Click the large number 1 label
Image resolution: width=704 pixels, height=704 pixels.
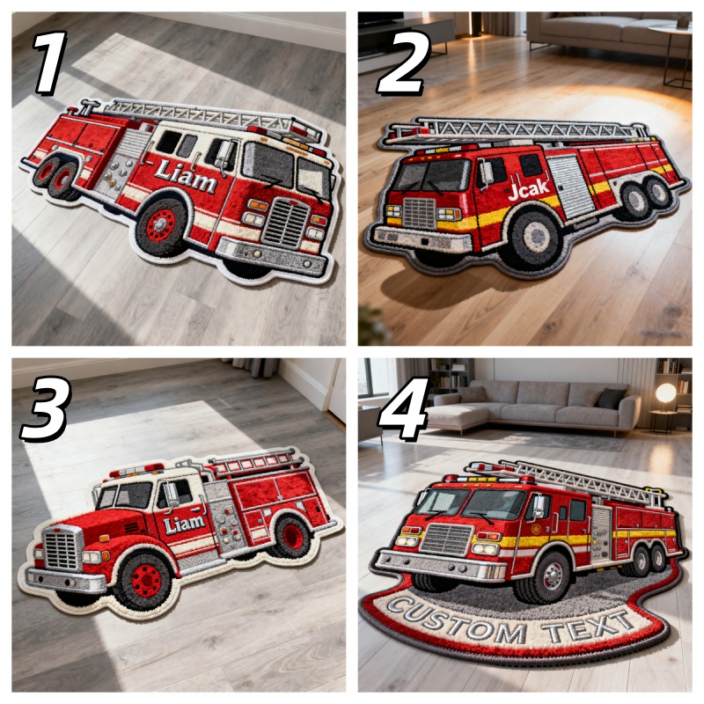(x=50, y=62)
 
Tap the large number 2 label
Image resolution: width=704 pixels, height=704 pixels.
(x=403, y=62)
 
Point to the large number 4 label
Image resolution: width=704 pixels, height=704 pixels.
(x=403, y=408)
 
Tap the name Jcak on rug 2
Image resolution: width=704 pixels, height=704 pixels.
(x=529, y=189)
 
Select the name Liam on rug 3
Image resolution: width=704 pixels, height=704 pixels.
(x=184, y=524)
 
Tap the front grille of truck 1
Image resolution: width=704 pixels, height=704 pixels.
(x=285, y=223)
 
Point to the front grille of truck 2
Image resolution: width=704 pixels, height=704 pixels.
(x=420, y=212)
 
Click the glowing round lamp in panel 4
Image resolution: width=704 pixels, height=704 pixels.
(x=665, y=392)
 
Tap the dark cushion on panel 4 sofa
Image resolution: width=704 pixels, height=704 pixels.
(x=611, y=399)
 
